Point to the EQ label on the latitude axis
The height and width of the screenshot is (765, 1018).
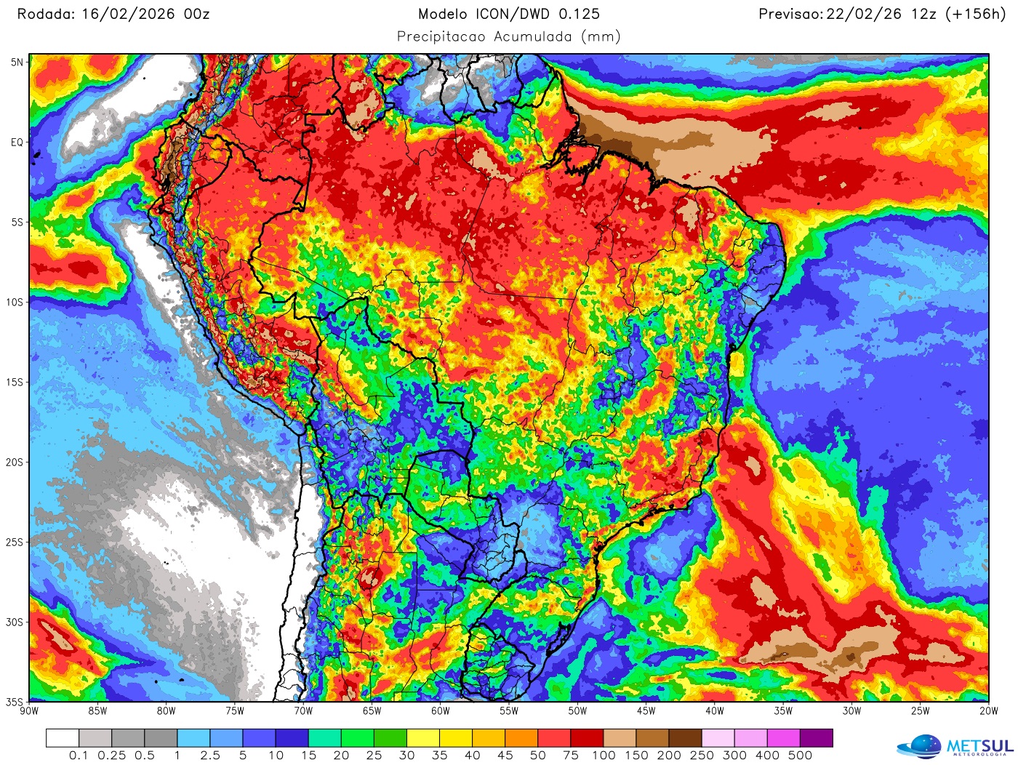(x=17, y=143)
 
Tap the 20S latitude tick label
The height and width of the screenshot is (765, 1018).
(x=15, y=462)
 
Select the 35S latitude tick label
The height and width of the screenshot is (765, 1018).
(x=15, y=702)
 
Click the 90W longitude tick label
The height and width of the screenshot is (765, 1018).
(x=29, y=711)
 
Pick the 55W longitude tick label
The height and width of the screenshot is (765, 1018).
(x=509, y=711)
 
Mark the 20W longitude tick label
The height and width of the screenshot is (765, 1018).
(x=989, y=711)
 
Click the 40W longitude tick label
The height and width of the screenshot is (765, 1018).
(x=715, y=711)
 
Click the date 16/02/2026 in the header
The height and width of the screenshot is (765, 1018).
(x=128, y=14)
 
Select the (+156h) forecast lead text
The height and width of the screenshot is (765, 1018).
(x=975, y=14)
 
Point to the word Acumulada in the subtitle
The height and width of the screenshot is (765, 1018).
(x=533, y=36)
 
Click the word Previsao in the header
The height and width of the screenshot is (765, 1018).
(x=790, y=14)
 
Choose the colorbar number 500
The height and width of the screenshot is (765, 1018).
(x=800, y=756)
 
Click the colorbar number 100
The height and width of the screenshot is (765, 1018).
(x=604, y=756)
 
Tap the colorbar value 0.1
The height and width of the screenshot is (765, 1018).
(x=79, y=756)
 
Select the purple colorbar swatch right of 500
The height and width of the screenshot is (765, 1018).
(x=816, y=738)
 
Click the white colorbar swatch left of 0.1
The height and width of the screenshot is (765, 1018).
(x=63, y=738)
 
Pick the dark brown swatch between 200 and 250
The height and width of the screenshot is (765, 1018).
(x=685, y=738)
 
